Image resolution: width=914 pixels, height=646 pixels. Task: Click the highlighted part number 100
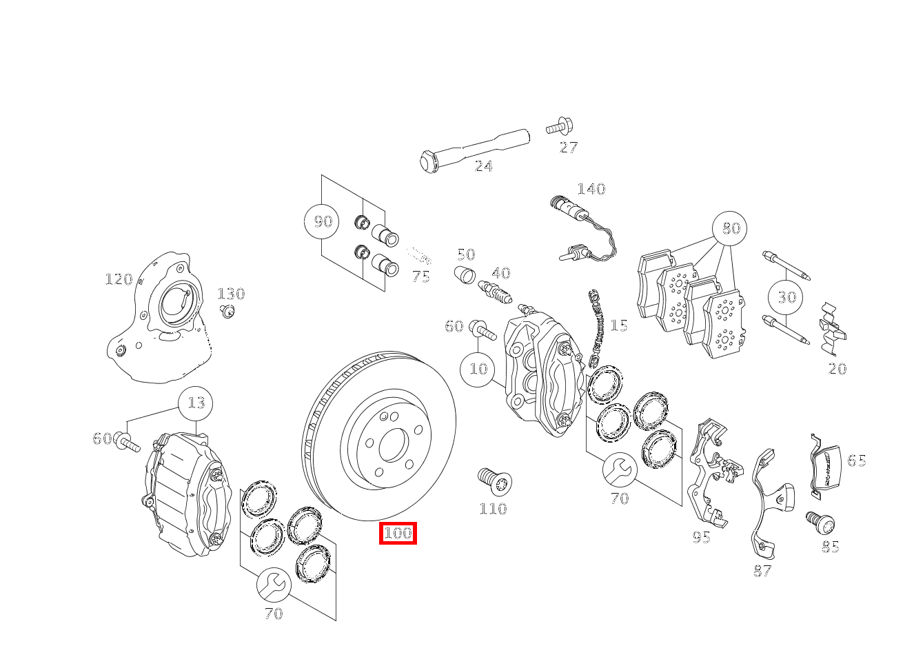click(398, 533)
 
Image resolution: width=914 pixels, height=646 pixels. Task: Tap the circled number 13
click(196, 403)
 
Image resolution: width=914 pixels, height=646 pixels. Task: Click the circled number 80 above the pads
click(730, 228)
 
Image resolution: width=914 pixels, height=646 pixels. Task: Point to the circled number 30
click(786, 297)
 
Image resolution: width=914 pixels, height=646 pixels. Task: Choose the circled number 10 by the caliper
click(478, 369)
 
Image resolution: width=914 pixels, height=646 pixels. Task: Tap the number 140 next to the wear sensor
click(591, 189)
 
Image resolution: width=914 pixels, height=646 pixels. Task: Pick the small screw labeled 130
click(227, 312)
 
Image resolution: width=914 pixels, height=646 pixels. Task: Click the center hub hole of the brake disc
click(393, 445)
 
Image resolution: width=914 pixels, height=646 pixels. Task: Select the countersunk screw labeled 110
click(494, 481)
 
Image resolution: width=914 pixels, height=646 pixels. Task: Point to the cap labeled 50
click(465, 274)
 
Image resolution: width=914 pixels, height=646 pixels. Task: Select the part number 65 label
click(856, 461)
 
